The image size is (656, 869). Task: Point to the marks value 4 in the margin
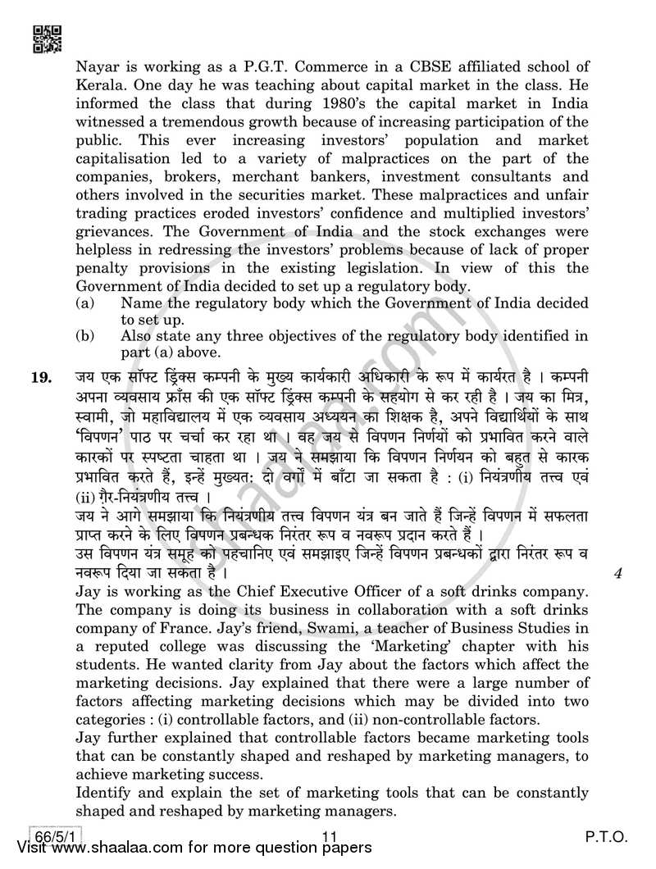617,573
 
